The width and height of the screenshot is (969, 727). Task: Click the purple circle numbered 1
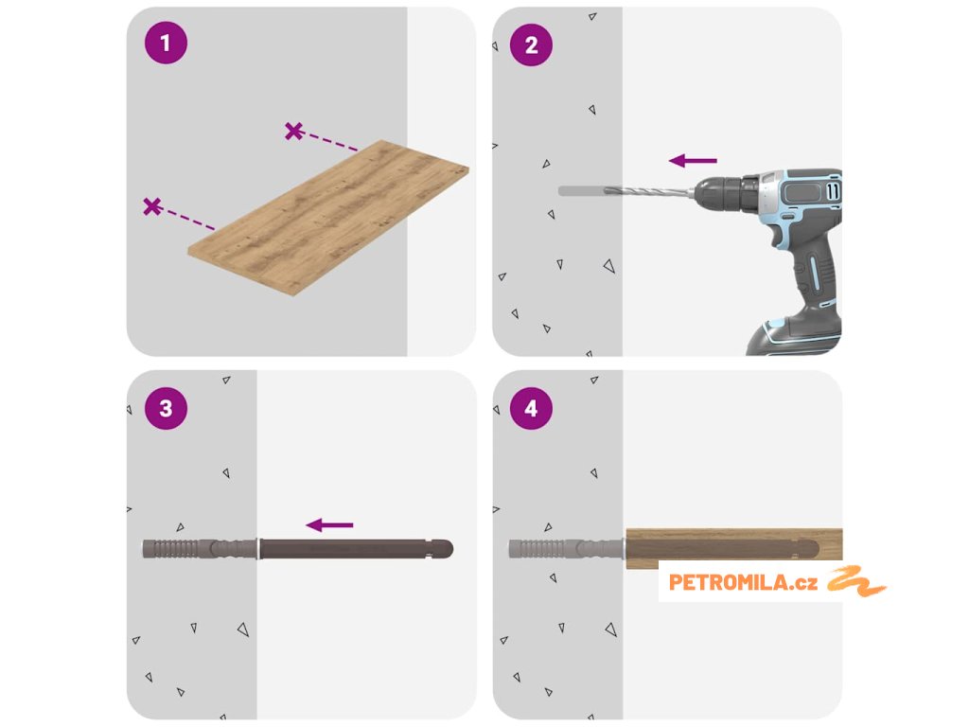(166, 43)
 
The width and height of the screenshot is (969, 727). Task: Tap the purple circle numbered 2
(532, 45)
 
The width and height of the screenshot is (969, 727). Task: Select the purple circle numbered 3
(166, 408)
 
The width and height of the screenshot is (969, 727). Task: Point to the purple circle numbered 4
(532, 408)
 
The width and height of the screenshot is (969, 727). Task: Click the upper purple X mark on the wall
(294, 131)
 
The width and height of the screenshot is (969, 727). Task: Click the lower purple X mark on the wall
(152, 206)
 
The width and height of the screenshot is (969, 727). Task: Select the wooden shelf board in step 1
(328, 218)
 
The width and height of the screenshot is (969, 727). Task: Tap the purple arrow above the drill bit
(693, 161)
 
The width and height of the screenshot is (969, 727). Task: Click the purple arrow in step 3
(329, 525)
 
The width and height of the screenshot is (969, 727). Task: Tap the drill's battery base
(794, 337)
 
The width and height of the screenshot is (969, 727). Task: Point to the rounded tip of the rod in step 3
(443, 549)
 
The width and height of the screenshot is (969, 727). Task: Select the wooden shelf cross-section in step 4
(734, 548)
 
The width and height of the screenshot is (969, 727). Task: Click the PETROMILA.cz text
(743, 582)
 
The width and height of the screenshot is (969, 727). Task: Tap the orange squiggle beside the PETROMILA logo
(856, 581)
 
